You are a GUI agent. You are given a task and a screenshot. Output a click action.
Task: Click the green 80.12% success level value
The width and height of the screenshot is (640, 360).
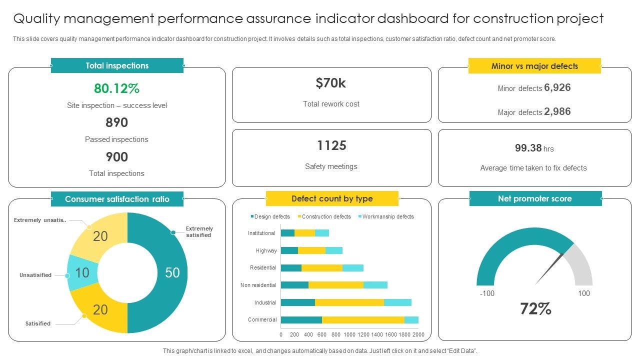coord(116,88)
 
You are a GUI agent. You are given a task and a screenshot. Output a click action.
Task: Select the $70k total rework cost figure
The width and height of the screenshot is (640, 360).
coord(331,83)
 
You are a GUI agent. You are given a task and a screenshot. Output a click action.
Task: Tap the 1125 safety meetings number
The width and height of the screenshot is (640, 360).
coord(331,145)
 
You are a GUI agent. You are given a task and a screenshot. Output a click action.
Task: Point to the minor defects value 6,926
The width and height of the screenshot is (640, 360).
coord(557,87)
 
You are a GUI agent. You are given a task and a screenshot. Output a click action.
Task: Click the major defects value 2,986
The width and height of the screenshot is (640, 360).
coord(557,111)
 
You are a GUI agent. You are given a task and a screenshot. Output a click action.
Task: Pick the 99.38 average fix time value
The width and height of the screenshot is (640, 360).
coord(528,148)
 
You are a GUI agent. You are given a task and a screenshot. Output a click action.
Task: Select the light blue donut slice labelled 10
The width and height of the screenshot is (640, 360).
coord(80,272)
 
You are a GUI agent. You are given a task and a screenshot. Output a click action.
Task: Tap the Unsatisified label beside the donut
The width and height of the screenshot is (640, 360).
coord(35,275)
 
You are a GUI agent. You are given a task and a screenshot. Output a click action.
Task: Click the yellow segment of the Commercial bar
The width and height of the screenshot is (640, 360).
coord(363,320)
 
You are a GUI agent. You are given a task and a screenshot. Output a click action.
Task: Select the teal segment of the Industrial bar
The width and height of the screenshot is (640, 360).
coord(298,302)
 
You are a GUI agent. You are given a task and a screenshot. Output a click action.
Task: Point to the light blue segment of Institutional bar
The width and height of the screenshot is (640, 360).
coord(322,233)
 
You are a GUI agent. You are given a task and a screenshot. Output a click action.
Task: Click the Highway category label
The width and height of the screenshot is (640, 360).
coord(266,250)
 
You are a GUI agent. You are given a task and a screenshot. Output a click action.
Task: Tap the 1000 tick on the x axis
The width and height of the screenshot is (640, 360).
coord(349,334)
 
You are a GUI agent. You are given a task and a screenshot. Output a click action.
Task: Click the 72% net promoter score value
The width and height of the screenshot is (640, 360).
coord(535,309)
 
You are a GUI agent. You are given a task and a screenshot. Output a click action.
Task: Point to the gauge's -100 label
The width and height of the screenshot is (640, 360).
coord(487,293)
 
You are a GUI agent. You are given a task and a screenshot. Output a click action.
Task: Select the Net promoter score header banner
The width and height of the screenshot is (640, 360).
coord(535,198)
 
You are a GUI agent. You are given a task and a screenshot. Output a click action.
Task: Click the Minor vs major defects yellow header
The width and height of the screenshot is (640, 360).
coord(534,66)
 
